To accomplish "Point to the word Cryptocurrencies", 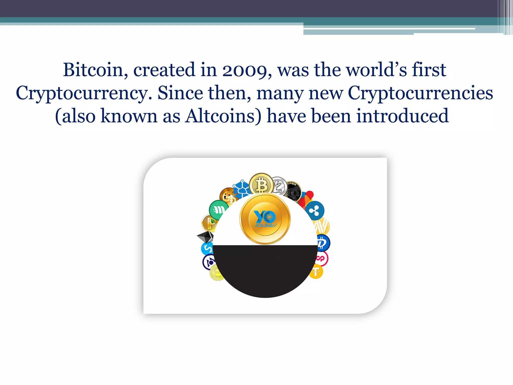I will coord(420,93).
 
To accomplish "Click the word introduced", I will coord(403,116).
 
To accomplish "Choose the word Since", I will coord(180,93).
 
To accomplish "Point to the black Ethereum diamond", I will coord(205,236).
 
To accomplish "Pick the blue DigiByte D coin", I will coord(323,243).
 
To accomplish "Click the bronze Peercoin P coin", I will coord(209,223).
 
